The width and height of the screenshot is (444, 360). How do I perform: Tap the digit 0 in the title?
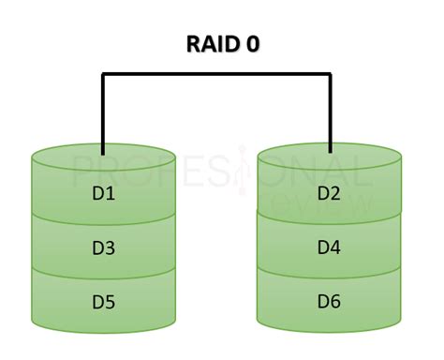pyautogui.click(x=253, y=43)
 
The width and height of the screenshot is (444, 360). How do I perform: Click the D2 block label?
pyautogui.click(x=331, y=194)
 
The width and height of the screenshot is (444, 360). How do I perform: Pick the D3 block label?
pyautogui.click(x=104, y=248)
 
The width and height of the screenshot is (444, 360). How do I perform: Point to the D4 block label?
pyautogui.click(x=331, y=248)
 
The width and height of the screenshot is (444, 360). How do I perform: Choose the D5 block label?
pyautogui.click(x=104, y=302)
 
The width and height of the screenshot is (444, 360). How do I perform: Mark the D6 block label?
pyautogui.click(x=331, y=302)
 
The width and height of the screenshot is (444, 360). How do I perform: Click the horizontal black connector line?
pyautogui.click(x=216, y=74)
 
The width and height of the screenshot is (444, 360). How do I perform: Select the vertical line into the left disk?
pyautogui.click(x=103, y=112)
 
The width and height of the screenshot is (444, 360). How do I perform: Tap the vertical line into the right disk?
pyautogui.click(x=331, y=112)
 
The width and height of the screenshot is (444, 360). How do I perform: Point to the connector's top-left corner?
pyautogui.click(x=103, y=74)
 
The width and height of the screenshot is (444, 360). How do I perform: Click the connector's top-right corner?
pyautogui.click(x=331, y=74)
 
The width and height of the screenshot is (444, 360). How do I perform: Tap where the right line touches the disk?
pyautogui.click(x=331, y=151)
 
